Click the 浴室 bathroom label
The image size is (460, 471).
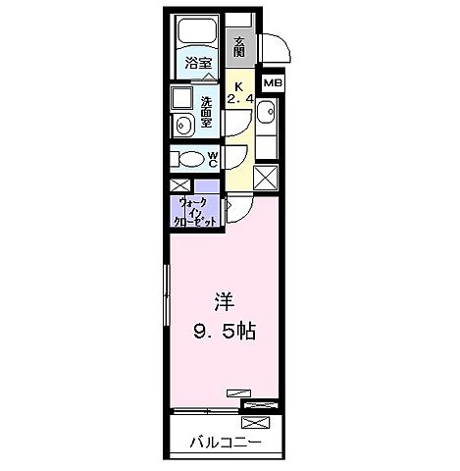(x=198, y=64)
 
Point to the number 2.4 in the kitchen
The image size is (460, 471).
(x=240, y=99)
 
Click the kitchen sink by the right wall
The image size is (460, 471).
(x=269, y=116)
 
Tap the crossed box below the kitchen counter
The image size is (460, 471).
(x=267, y=178)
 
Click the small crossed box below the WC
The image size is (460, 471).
(x=180, y=186)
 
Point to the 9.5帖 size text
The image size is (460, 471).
(x=224, y=332)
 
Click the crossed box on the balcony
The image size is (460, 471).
(x=254, y=423)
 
